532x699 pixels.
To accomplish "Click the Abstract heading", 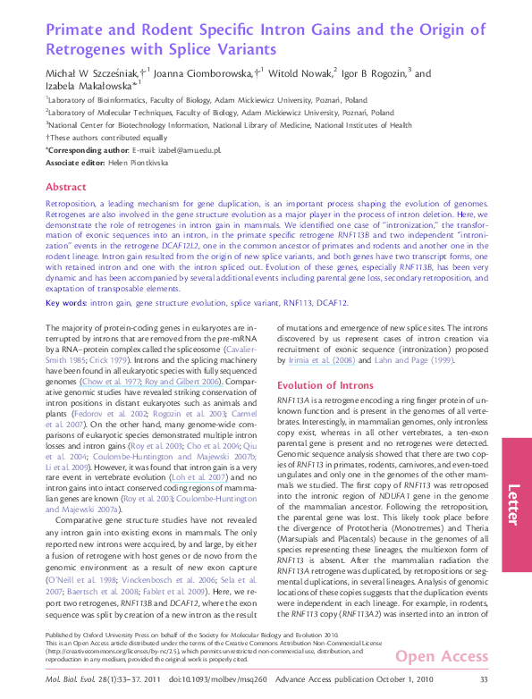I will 66,187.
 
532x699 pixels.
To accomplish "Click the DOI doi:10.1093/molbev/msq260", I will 207,681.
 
